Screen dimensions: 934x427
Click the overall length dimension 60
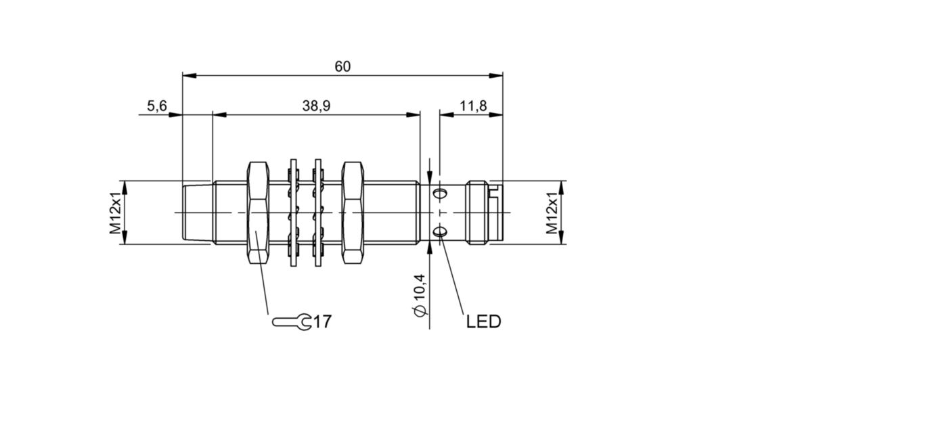pyautogui.click(x=342, y=66)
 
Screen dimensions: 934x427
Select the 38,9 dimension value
pyautogui.click(x=316, y=106)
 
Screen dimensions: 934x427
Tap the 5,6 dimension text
pyautogui.click(x=157, y=106)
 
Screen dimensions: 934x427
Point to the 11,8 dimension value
pyautogui.click(x=473, y=106)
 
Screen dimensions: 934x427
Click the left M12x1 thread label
pyautogui.click(x=115, y=212)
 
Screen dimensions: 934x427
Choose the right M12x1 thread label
pyautogui.click(x=552, y=212)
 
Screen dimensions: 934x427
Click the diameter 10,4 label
pyautogui.click(x=419, y=295)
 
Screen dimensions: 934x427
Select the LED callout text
pyautogui.click(x=483, y=321)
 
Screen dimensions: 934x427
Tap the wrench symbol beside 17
pyautogui.click(x=292, y=322)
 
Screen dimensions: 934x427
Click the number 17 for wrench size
pyautogui.click(x=322, y=321)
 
